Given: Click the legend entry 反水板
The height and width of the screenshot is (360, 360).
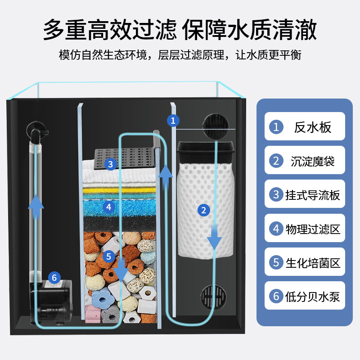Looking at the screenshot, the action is point(305,127).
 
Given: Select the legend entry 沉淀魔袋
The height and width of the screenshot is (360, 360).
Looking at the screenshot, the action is point(305,161).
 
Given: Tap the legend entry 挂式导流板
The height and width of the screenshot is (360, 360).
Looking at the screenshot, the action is point(305,194).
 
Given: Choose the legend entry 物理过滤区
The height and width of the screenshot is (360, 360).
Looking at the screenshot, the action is point(305,229).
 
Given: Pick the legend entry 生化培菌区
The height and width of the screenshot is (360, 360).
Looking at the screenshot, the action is point(305,263).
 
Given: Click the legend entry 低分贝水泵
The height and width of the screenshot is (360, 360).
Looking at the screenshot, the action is point(305,297).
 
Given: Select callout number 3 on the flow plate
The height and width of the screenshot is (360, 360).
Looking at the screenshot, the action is point(110,164).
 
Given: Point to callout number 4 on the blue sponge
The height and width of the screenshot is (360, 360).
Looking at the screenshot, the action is point(108,207).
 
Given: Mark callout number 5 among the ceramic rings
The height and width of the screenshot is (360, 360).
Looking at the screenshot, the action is point(108,256).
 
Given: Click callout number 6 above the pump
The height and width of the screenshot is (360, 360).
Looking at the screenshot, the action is point(54,277).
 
